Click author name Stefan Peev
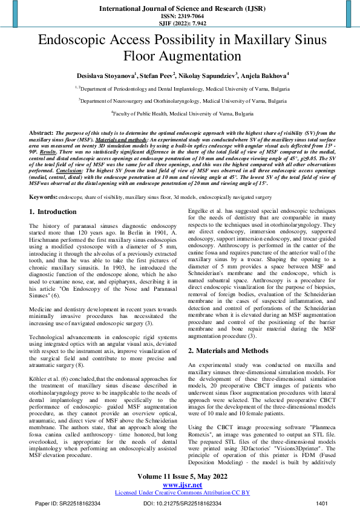[x=157, y=76]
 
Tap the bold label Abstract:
[x=41, y=131]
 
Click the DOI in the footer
[x=182, y=503]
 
